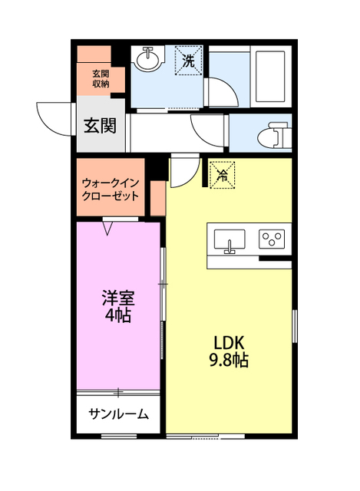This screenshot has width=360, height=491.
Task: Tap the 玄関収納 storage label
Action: [x=101, y=79]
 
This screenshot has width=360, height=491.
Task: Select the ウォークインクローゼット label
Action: [x=111, y=189]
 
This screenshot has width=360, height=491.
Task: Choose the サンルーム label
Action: [x=117, y=414]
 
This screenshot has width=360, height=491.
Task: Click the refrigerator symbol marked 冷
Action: [x=221, y=175]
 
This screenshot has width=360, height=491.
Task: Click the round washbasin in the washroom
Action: [x=147, y=58]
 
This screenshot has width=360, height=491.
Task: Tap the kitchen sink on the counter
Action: [x=229, y=240]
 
